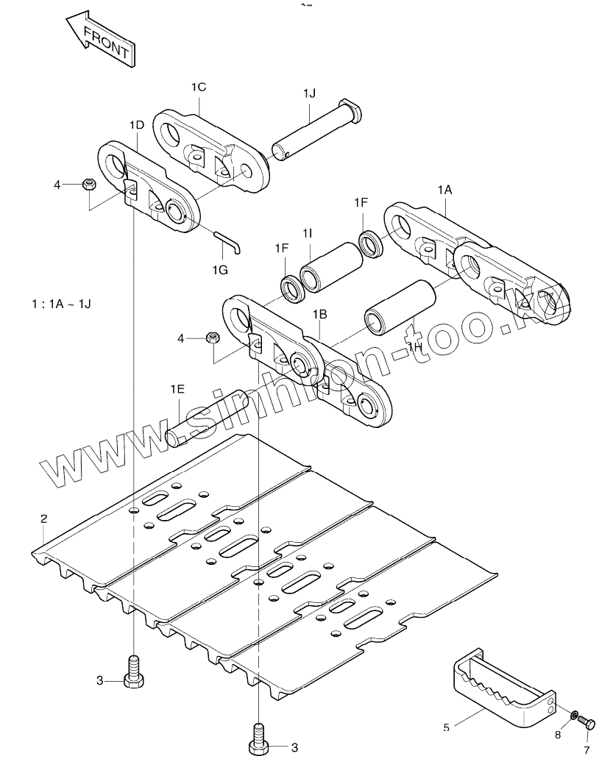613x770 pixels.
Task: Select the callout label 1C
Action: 199,88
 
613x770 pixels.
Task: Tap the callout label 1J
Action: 310,93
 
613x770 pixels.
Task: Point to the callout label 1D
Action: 137,125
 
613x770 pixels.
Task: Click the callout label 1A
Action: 445,190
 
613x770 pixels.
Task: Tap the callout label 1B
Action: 320,314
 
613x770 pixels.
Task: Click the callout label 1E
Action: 177,389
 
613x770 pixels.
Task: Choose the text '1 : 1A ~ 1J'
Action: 61,304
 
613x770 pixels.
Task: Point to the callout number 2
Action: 43,518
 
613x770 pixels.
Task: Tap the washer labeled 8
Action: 573,715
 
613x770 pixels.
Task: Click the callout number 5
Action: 446,727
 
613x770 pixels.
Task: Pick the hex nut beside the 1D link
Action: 89,185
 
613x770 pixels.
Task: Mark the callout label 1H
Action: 415,346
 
